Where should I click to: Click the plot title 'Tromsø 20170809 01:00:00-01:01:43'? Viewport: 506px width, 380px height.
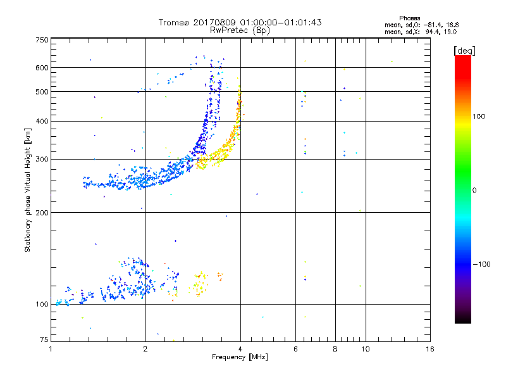click(x=240, y=22)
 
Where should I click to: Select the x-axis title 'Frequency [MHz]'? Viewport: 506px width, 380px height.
click(x=240, y=357)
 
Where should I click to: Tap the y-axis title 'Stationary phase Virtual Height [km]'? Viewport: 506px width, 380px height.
click(x=28, y=190)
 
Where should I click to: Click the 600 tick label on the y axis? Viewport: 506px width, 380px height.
click(x=42, y=68)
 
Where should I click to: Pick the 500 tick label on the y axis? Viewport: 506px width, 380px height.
click(x=42, y=92)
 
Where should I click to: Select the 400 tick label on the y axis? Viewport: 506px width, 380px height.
click(x=42, y=121)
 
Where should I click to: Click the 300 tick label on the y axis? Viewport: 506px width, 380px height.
click(x=42, y=159)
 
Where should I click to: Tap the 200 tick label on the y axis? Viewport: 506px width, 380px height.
click(x=42, y=212)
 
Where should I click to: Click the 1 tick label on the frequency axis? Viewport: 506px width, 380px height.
click(x=51, y=348)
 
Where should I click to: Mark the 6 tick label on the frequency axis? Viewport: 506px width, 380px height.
click(x=295, y=348)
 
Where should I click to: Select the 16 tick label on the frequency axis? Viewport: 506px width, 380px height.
click(x=429, y=348)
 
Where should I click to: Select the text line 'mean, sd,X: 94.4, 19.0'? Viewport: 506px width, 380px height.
click(x=421, y=31)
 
